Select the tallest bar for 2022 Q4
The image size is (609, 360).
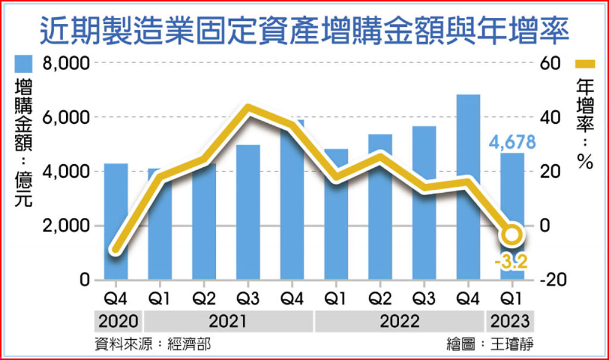point(468,184)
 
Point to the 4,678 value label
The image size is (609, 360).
point(512,142)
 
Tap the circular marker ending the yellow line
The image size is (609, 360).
point(512,235)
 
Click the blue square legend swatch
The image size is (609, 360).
point(23,63)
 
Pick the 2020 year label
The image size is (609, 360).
point(117,321)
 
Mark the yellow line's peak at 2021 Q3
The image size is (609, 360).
point(248,109)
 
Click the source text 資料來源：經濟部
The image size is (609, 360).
point(152,344)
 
